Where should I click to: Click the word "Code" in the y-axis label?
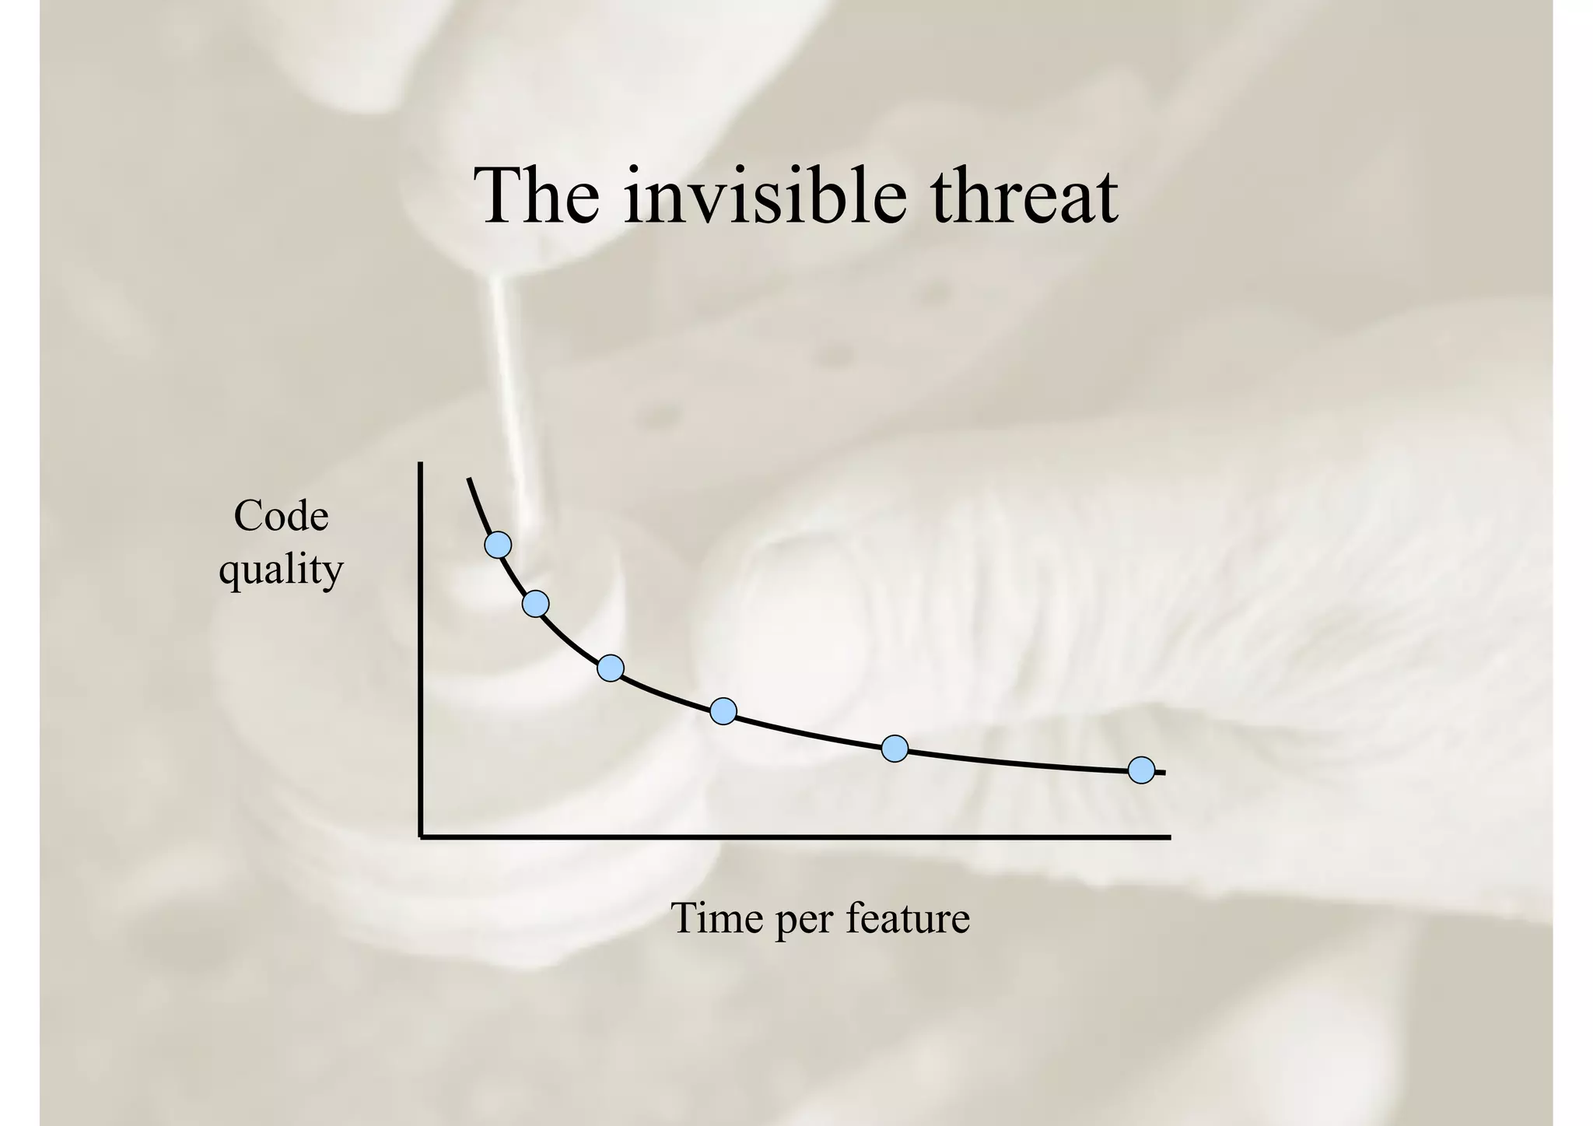281,517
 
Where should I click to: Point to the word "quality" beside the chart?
281,570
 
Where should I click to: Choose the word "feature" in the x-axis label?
908,919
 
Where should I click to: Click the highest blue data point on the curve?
498,545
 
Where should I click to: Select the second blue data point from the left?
535,603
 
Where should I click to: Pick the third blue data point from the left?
611,668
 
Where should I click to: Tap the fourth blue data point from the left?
723,710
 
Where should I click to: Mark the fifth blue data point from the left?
895,749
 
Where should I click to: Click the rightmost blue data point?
1141,770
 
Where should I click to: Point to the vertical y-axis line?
421,646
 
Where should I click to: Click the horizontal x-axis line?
793,837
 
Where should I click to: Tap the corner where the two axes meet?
422,837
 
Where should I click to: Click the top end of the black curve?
468,479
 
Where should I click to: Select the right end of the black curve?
1164,773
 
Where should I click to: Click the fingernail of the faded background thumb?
786,615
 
